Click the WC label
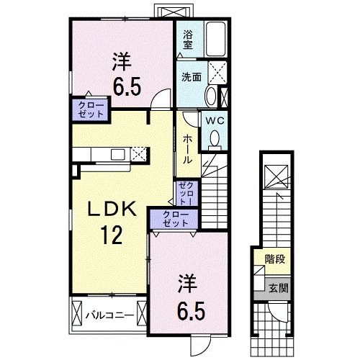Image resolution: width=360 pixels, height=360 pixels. point(215,121)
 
